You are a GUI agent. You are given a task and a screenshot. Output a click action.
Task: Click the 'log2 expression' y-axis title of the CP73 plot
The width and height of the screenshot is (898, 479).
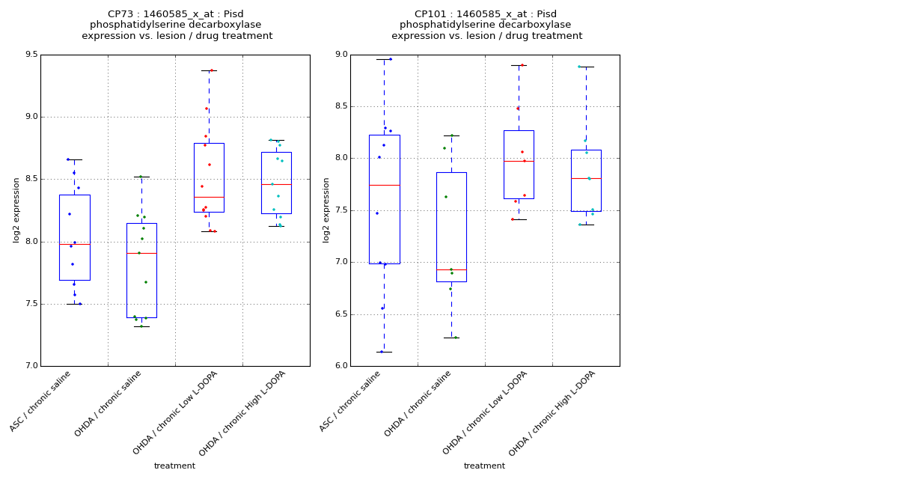pyautogui.click(x=16, y=210)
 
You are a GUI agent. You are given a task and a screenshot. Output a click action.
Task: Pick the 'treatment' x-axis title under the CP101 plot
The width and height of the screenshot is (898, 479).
pyautogui.click(x=484, y=466)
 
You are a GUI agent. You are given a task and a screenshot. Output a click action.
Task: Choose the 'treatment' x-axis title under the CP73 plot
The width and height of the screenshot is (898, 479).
pyautogui.click(x=174, y=466)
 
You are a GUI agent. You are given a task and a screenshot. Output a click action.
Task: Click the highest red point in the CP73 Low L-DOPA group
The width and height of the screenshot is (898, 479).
pyautogui.click(x=211, y=70)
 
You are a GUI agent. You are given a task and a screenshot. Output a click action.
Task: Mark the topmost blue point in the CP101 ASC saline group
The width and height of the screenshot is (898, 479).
pyautogui.click(x=390, y=59)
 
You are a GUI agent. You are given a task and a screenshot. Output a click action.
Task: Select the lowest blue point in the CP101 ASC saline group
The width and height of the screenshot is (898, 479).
pyautogui.click(x=381, y=352)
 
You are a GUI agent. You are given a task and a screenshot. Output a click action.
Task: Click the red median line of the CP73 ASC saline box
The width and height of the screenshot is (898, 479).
pyautogui.click(x=75, y=244)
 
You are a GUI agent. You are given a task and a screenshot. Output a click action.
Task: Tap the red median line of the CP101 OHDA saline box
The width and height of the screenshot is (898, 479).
pyautogui.click(x=451, y=269)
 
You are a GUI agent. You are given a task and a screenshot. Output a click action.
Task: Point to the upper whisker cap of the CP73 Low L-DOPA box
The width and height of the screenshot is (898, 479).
pyautogui.click(x=209, y=70)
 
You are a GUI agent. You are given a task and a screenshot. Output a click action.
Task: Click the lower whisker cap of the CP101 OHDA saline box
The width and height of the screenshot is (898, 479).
pyautogui.click(x=451, y=338)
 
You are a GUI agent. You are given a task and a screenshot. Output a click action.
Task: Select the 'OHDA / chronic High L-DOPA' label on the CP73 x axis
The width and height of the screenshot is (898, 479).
pyautogui.click(x=242, y=413)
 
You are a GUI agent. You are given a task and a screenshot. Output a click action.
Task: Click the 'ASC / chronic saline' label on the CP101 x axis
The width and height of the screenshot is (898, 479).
pyautogui.click(x=350, y=401)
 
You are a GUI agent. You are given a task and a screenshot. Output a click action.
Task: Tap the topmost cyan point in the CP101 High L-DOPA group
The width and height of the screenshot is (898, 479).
pyautogui.click(x=578, y=67)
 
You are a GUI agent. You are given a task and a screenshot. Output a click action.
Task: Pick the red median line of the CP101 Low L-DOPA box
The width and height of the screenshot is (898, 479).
pyautogui.click(x=519, y=161)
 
